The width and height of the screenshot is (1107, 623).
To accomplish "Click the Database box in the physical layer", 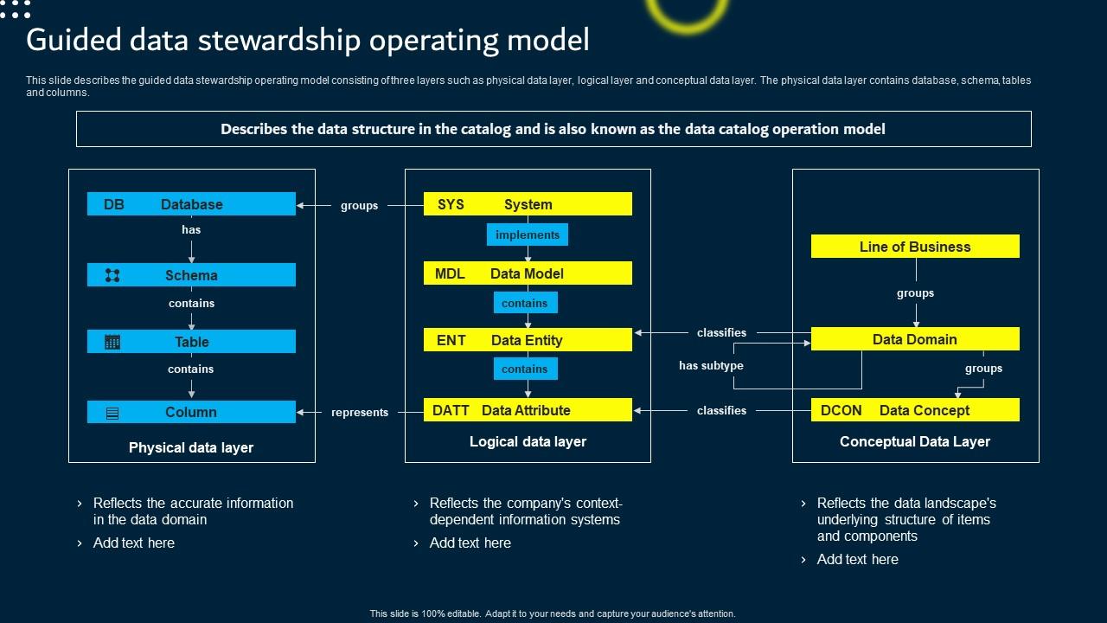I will pos(191,204).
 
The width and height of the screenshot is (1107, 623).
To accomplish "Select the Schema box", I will pos(191,275).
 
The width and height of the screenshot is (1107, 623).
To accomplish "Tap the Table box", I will pos(191,342).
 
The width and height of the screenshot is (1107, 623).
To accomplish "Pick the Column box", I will pos(191,412).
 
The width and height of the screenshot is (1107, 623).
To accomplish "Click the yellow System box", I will pos(528,204).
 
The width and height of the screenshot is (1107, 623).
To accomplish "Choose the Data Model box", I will pos(528,273).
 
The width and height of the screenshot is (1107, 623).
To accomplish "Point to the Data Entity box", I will pos(528,340).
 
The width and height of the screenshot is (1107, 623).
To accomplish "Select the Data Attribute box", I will pos(528,410).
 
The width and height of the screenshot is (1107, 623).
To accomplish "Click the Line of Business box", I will pos(915,247).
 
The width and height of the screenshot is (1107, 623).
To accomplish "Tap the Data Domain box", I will pos(915,339).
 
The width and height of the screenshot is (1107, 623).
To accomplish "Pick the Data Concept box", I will pos(915,410).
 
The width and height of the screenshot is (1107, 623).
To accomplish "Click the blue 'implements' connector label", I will pos(528,235).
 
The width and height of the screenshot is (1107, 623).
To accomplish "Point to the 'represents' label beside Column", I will pos(360,413).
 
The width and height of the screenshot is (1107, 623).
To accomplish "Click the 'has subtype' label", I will pos(711,366).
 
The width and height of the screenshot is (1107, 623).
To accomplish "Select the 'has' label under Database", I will pos(191,230).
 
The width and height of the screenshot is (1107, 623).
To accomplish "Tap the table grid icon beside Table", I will pos(112,342).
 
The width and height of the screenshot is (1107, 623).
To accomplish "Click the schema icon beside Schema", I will pos(112,275).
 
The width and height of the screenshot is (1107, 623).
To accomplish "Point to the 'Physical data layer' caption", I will pos(191,447).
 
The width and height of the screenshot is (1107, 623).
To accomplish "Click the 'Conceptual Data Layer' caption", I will pos(915,441).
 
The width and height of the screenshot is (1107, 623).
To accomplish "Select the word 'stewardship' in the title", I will pos(254,40).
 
